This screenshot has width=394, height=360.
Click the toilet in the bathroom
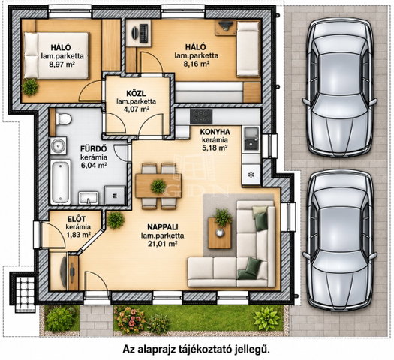point(63,118)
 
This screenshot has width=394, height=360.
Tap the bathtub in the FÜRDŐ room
point(60,182)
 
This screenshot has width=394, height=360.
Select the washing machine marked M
point(115,196)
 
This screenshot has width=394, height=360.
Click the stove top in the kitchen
point(201,116)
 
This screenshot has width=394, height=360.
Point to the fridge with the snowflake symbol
point(251,175)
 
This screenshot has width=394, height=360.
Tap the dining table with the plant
point(158,186)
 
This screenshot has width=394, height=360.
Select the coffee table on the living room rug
point(220,233)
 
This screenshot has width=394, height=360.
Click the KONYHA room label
point(215,132)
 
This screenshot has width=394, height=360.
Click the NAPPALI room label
point(163,227)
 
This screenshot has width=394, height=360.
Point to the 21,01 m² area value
point(163,244)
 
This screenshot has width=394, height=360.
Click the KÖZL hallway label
point(136,94)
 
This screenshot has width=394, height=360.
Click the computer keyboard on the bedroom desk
point(144,33)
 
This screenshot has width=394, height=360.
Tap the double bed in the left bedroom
point(56,55)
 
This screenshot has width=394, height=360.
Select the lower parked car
point(340,240)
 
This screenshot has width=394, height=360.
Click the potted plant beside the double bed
point(30,86)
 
